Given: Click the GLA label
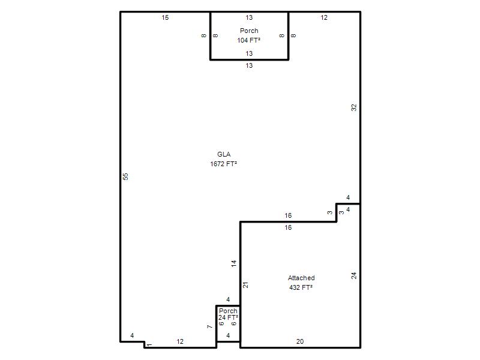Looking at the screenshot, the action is pos(224,154).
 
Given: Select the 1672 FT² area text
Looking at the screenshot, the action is pos(223,164).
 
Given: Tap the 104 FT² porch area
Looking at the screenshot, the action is pos(248,40).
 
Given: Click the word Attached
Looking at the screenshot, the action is pos(301,278).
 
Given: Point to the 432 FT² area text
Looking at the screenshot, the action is pos(301,287).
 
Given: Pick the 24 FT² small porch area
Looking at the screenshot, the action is pos(228,317).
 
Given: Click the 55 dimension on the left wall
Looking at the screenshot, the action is pos(125,176).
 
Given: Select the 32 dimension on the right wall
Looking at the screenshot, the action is pos(354,107).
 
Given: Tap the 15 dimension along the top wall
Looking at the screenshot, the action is pos(166,17).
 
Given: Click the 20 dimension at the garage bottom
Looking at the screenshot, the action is pos(300,341).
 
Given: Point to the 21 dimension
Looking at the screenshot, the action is pos(245,285).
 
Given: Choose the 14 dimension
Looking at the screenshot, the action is pos(234,263).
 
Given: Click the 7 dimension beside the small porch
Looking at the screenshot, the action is pos(209,326).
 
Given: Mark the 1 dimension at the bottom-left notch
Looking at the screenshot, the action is pos(149,345).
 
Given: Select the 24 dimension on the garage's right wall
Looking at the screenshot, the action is pos(354,275).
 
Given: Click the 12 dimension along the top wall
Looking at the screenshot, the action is pos(324,17).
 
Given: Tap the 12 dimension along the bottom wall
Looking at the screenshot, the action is pos(180,341).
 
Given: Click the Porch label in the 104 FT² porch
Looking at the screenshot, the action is pos(249,31).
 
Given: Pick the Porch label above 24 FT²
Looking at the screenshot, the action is pos(228,311).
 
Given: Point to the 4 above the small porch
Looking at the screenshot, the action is pos(228,299).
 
